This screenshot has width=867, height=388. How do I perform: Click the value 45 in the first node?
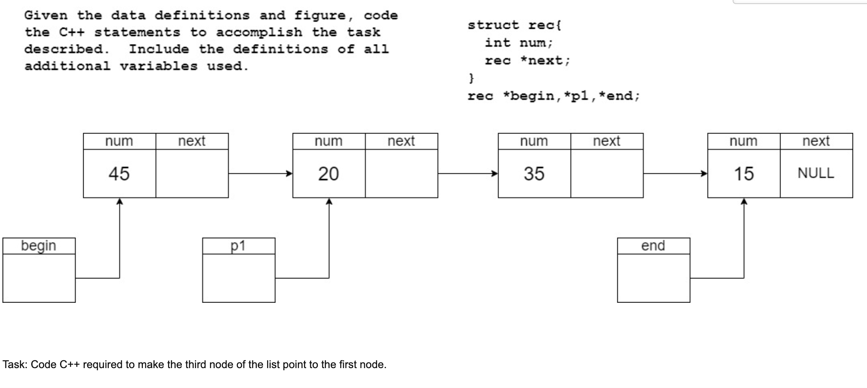point(119,174)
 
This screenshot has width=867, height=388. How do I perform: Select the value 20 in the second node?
point(328,174)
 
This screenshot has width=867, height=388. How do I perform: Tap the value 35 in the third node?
point(534,174)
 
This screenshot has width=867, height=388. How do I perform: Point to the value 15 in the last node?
point(744,174)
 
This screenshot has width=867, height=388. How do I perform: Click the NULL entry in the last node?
point(816,173)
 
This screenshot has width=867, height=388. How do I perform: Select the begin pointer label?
point(39,246)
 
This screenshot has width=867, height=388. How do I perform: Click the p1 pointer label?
point(238,246)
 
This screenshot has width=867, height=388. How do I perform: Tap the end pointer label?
point(653,246)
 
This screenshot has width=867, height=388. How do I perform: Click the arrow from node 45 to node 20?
point(260,174)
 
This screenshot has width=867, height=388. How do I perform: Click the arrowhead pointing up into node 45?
point(119,201)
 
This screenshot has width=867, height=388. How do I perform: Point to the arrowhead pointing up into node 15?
point(744,201)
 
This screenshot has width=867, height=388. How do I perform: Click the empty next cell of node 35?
point(607,174)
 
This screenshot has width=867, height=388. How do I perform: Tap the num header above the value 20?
point(328,141)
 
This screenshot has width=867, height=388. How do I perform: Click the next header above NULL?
point(816,141)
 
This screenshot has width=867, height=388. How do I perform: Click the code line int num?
point(519,43)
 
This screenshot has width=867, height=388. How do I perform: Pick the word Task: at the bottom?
point(15,364)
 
